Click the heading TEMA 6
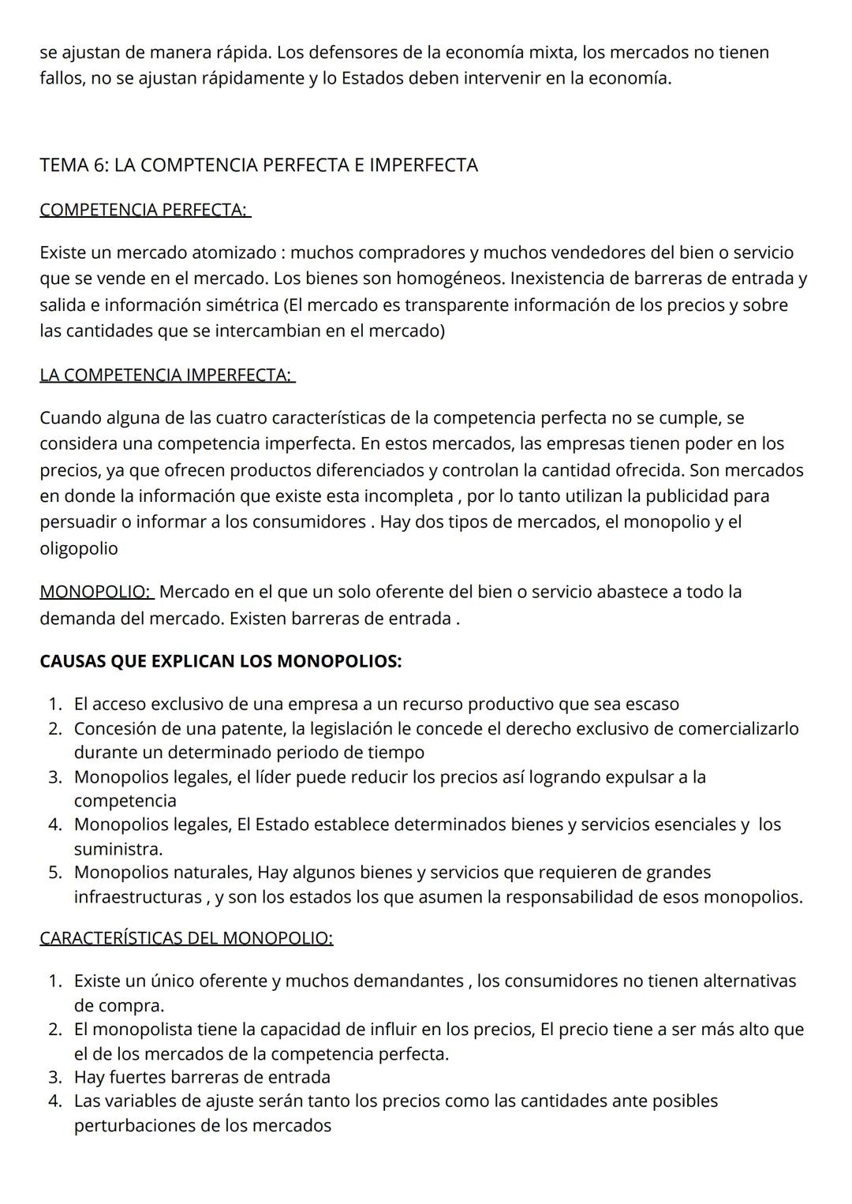click(x=258, y=165)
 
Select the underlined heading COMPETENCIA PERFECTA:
click(x=144, y=210)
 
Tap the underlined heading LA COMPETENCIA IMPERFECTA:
click(x=166, y=375)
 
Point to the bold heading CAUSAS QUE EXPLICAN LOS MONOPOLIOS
click(x=220, y=661)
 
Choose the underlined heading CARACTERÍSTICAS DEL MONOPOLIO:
click(x=186, y=938)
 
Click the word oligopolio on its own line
click(x=79, y=548)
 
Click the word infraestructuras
click(x=137, y=897)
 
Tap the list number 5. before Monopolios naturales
click(x=54, y=873)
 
